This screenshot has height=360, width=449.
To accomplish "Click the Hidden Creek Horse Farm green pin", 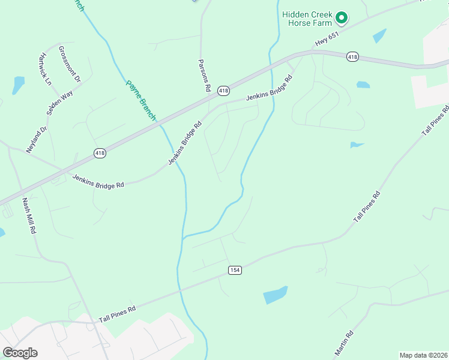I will (341, 18).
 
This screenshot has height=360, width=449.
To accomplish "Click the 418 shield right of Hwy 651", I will (352, 57).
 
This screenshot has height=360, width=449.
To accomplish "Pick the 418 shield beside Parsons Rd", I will (223, 91).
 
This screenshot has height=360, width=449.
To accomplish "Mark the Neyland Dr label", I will (36, 140).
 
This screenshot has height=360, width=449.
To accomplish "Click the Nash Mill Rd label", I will (28, 215).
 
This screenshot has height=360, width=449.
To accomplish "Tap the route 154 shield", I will (235, 271).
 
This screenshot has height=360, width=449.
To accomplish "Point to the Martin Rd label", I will (344, 343).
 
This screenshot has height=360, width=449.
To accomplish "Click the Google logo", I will (20, 352).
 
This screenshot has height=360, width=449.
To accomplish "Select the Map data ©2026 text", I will (423, 355).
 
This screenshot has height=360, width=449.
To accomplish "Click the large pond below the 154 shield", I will (275, 295).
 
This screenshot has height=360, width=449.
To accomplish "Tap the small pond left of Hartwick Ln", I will (18, 85).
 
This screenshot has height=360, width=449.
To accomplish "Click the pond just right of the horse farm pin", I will (379, 36).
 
